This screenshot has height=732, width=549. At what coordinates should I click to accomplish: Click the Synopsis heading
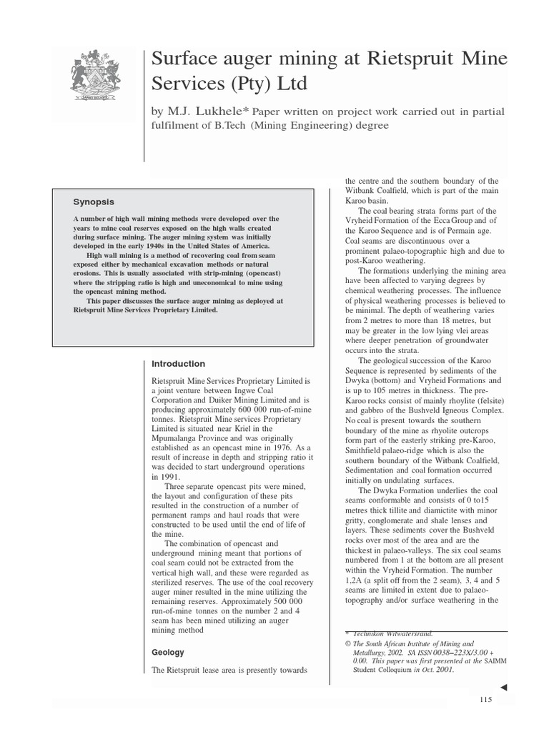coord(94,202)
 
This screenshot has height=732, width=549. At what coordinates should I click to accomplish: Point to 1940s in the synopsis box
coord(174,245)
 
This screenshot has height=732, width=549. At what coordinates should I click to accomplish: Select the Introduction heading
coord(179,364)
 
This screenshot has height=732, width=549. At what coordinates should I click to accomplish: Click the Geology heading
coord(169,652)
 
